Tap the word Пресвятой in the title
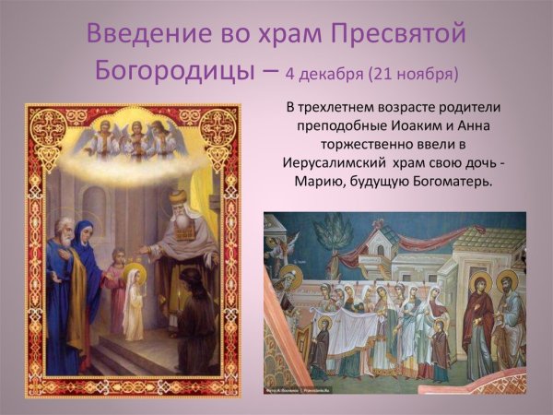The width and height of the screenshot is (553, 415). coord(399,36)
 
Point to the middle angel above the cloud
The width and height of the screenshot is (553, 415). coord(138,138)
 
